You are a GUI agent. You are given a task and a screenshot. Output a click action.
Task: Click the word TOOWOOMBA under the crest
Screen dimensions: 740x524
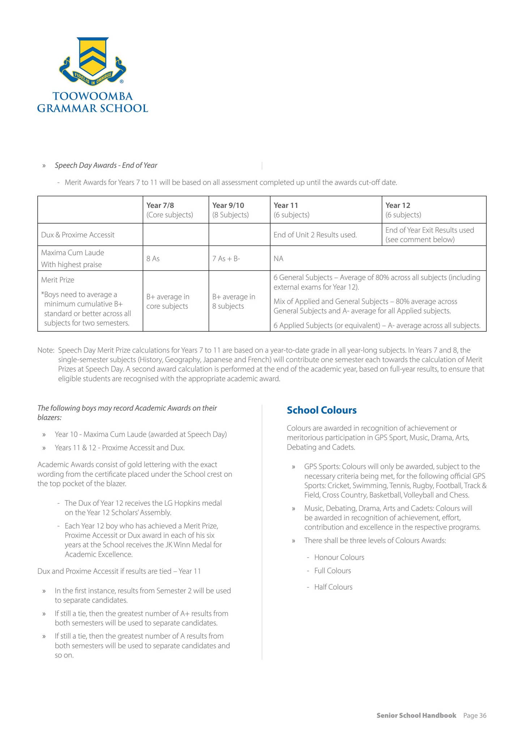[x=93, y=96]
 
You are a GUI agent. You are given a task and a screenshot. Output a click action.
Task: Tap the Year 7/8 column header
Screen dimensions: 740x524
[x=158, y=205]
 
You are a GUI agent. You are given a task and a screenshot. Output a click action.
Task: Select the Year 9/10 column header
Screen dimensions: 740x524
[x=228, y=205]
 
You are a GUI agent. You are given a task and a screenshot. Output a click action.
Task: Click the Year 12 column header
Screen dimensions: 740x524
[x=397, y=205]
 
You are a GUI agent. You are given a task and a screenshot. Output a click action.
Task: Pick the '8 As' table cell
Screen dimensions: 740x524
[x=153, y=259]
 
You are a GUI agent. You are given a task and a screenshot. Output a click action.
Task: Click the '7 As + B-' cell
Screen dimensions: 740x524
[x=226, y=259]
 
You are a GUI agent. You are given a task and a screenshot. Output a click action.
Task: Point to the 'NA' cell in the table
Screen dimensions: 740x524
[x=278, y=259]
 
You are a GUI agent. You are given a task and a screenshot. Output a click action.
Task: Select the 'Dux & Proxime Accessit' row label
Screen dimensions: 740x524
[x=78, y=235]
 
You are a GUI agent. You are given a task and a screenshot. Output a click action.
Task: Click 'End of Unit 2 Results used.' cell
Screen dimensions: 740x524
[x=315, y=235]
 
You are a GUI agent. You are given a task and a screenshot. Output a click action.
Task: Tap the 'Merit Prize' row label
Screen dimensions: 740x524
[x=57, y=280]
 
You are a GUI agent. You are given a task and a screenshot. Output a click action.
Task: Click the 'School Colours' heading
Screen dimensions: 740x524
[x=321, y=410]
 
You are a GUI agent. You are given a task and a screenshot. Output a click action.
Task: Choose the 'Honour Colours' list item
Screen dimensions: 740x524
[x=339, y=557]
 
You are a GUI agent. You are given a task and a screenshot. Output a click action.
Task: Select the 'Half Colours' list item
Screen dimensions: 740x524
[x=333, y=587]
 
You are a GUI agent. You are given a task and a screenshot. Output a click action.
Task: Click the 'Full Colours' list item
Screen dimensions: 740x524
[x=332, y=571]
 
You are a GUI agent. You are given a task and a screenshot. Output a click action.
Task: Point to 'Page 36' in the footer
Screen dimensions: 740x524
[x=474, y=715]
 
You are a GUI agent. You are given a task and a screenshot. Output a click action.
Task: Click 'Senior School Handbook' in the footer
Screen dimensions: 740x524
[x=416, y=715]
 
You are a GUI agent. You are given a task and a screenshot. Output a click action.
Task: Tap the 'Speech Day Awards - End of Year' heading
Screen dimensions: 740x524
[x=106, y=165]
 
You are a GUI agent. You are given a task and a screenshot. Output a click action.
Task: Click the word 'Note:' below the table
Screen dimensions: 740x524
[x=46, y=350]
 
